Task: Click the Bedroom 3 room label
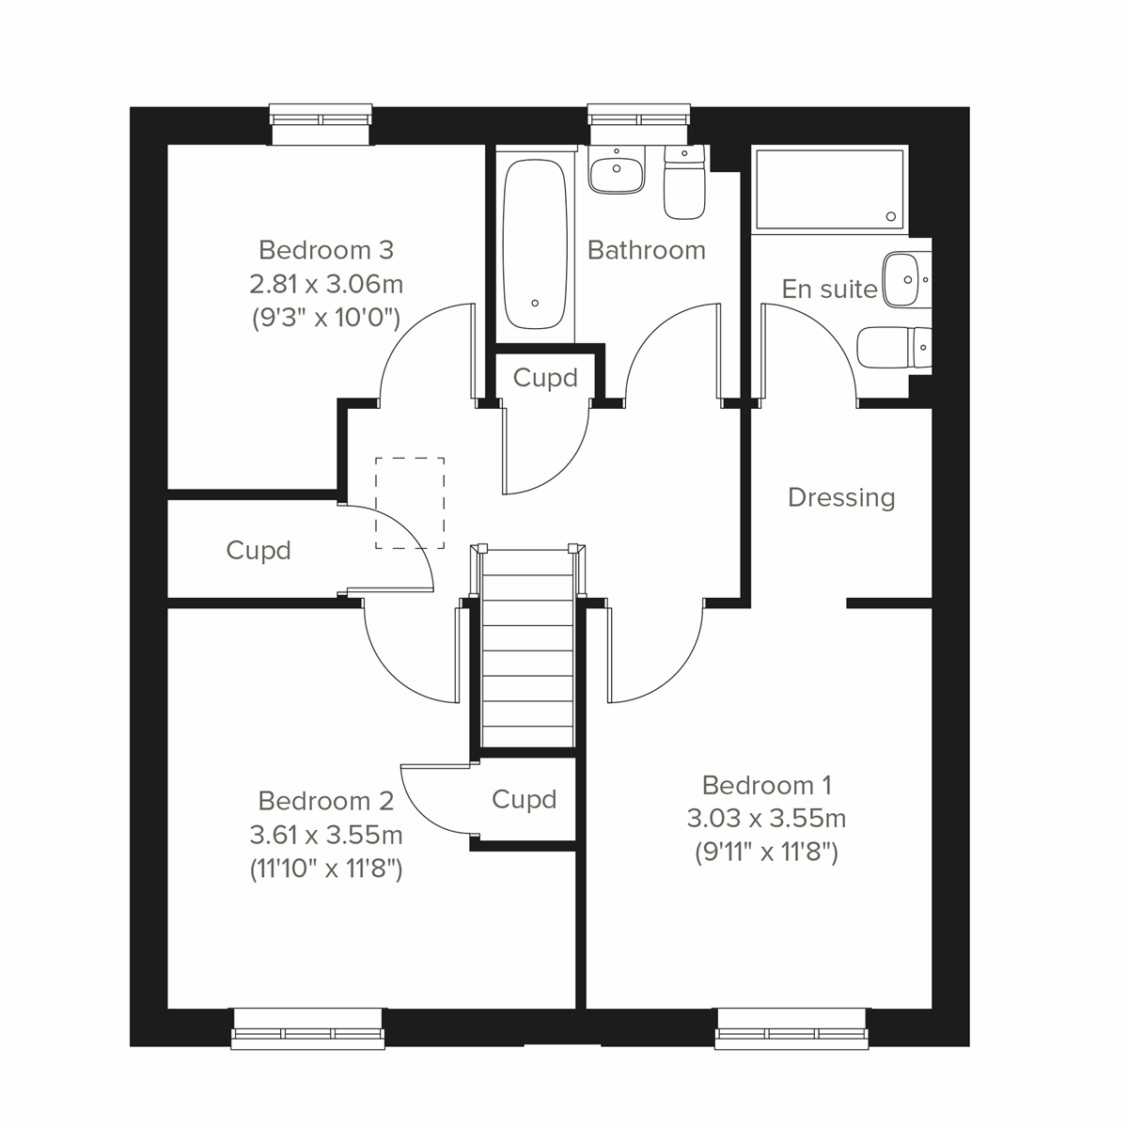325,250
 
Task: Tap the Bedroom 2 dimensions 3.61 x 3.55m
325,834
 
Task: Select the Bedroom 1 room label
766,785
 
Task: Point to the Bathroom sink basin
617,171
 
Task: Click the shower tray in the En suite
830,188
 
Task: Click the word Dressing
840,497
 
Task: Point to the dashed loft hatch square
410,503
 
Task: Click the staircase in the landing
527,649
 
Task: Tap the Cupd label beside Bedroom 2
525,800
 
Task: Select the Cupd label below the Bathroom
545,378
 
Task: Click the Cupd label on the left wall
258,550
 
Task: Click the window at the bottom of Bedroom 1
790,1028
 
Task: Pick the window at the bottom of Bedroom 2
308,1028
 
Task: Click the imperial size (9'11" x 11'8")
766,854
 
